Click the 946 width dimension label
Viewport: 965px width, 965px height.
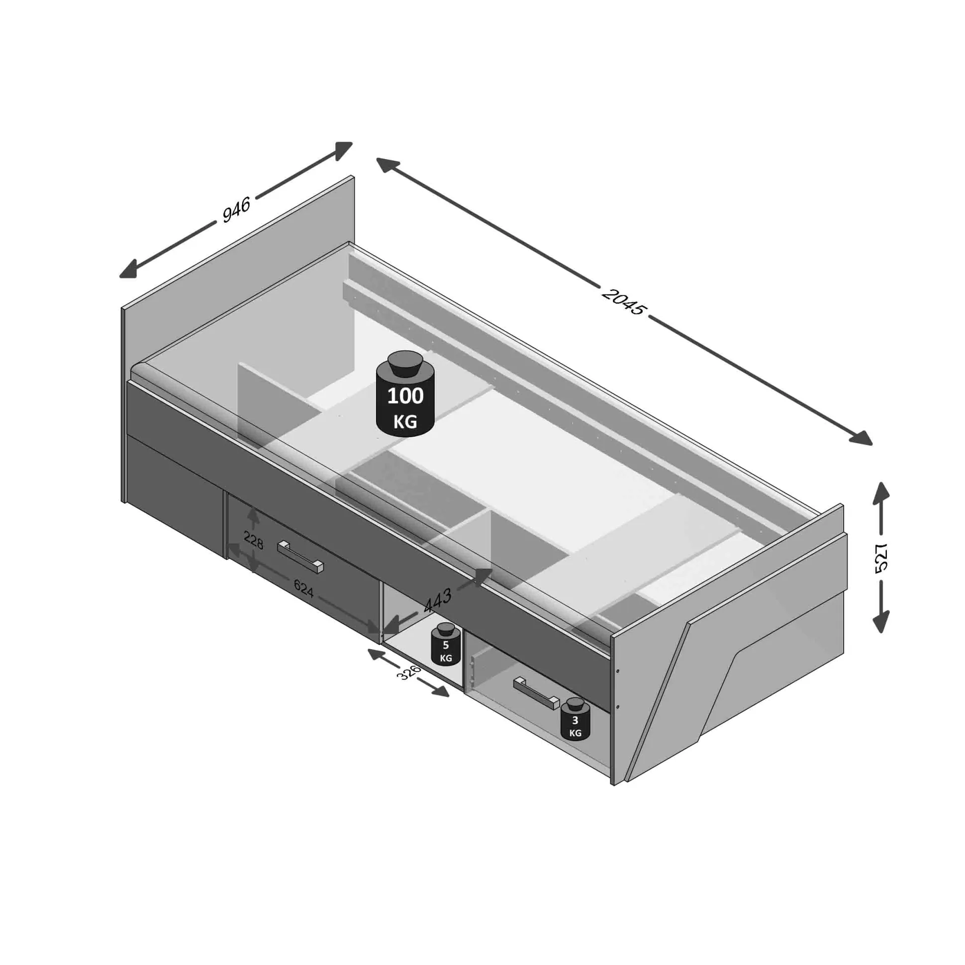click(x=236, y=209)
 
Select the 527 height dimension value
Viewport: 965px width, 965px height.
click(x=882, y=557)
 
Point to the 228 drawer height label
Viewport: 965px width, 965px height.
click(x=253, y=540)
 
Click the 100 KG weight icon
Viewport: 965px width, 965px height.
click(x=405, y=393)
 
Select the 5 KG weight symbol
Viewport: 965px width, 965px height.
click(x=446, y=644)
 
